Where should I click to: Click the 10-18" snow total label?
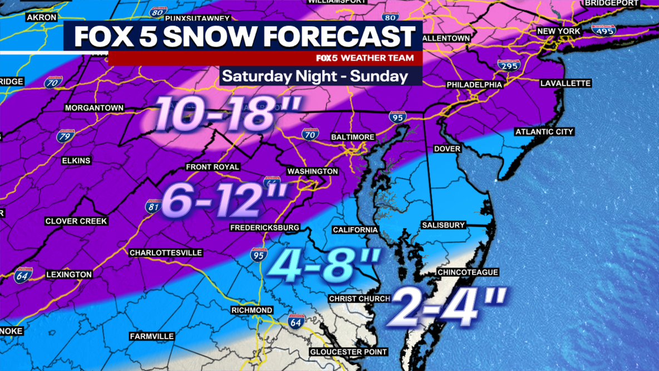(x=228, y=114)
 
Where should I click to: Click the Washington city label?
(x=312, y=171)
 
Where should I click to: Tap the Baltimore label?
(x=353, y=137)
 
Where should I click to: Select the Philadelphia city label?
(x=474, y=85)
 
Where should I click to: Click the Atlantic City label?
(x=544, y=132)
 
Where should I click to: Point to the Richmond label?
(x=252, y=310)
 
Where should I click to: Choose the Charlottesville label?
(x=166, y=253)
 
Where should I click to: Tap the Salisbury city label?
(x=443, y=225)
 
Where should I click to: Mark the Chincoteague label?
(x=468, y=272)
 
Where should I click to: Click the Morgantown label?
(x=94, y=108)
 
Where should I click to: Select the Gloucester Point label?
(x=348, y=352)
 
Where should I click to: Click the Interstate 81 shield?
(x=153, y=207)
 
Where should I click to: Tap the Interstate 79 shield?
(x=65, y=135)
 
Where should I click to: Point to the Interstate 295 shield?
(x=508, y=66)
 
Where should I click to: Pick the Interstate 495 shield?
(x=603, y=30)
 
